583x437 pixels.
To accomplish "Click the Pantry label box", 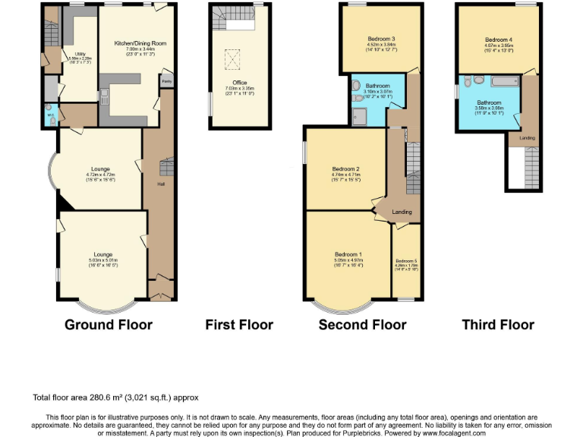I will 165,80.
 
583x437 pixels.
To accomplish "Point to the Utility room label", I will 80,54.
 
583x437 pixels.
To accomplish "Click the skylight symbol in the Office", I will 235,56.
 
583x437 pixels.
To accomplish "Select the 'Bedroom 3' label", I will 382,38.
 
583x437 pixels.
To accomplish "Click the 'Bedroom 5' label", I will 406,261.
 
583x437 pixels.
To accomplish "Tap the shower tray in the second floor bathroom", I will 359,115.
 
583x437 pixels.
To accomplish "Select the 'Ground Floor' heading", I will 109,325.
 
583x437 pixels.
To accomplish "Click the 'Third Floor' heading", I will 498,325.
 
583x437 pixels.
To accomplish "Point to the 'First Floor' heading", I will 239,325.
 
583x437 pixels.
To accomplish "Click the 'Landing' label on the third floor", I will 526,138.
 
